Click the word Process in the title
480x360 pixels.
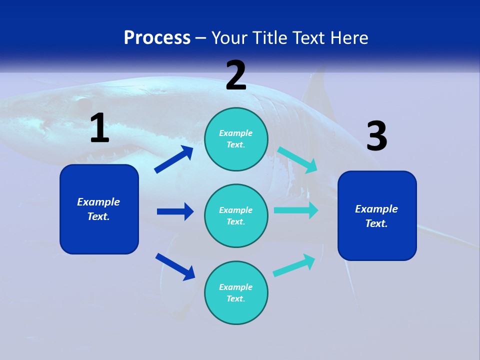click(x=157, y=38)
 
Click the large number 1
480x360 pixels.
click(x=99, y=128)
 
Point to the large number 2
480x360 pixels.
click(x=236, y=75)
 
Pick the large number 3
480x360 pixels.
click(x=376, y=136)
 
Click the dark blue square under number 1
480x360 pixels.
click(x=99, y=209)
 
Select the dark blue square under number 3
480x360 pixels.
click(x=377, y=215)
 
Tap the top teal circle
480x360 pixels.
click(x=236, y=139)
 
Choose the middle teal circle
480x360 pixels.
click(x=236, y=215)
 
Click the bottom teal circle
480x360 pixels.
click(x=236, y=292)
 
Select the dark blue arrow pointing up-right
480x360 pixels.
click(x=174, y=159)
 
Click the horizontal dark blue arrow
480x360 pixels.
click(x=175, y=211)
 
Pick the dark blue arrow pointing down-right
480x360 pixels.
click(x=175, y=266)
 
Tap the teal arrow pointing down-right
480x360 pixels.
click(x=297, y=160)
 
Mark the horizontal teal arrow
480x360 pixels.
click(x=296, y=210)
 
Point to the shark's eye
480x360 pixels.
click(x=80, y=106)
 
